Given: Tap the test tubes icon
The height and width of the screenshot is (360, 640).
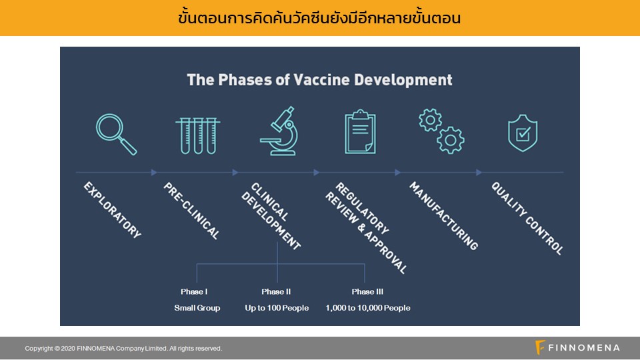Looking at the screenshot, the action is point(198,135).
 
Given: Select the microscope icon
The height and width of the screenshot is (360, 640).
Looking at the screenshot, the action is point(279,131).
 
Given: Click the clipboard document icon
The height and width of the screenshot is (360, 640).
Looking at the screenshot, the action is point(360,132).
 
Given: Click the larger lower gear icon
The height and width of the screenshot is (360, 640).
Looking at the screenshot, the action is point(451,141).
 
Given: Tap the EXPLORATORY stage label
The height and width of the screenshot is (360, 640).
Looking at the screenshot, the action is point(113,210).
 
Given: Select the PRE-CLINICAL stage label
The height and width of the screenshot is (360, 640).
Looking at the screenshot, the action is point(192,211).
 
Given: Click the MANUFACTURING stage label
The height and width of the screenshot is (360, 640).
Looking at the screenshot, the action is point(444,215).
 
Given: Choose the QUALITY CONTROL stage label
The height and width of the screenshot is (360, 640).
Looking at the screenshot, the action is point(527,219).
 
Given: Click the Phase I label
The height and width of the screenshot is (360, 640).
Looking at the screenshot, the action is point(194,291).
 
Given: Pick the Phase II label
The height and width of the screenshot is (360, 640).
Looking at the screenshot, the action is point(276,291).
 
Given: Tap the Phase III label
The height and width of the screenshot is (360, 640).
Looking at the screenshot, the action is point(367,291).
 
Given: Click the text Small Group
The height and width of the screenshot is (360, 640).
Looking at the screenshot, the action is point(197,308).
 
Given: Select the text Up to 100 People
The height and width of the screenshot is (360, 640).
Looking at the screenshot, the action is point(277,308).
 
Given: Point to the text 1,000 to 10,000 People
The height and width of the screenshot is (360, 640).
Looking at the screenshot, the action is point(368,308).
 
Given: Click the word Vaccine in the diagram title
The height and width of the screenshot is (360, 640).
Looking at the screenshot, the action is point(321,79).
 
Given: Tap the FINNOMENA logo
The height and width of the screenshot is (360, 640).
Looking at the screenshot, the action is point(577,348).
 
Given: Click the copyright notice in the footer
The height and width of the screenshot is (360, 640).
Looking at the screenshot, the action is point(123,348).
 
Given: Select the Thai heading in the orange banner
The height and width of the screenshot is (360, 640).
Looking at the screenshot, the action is point(319,18).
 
